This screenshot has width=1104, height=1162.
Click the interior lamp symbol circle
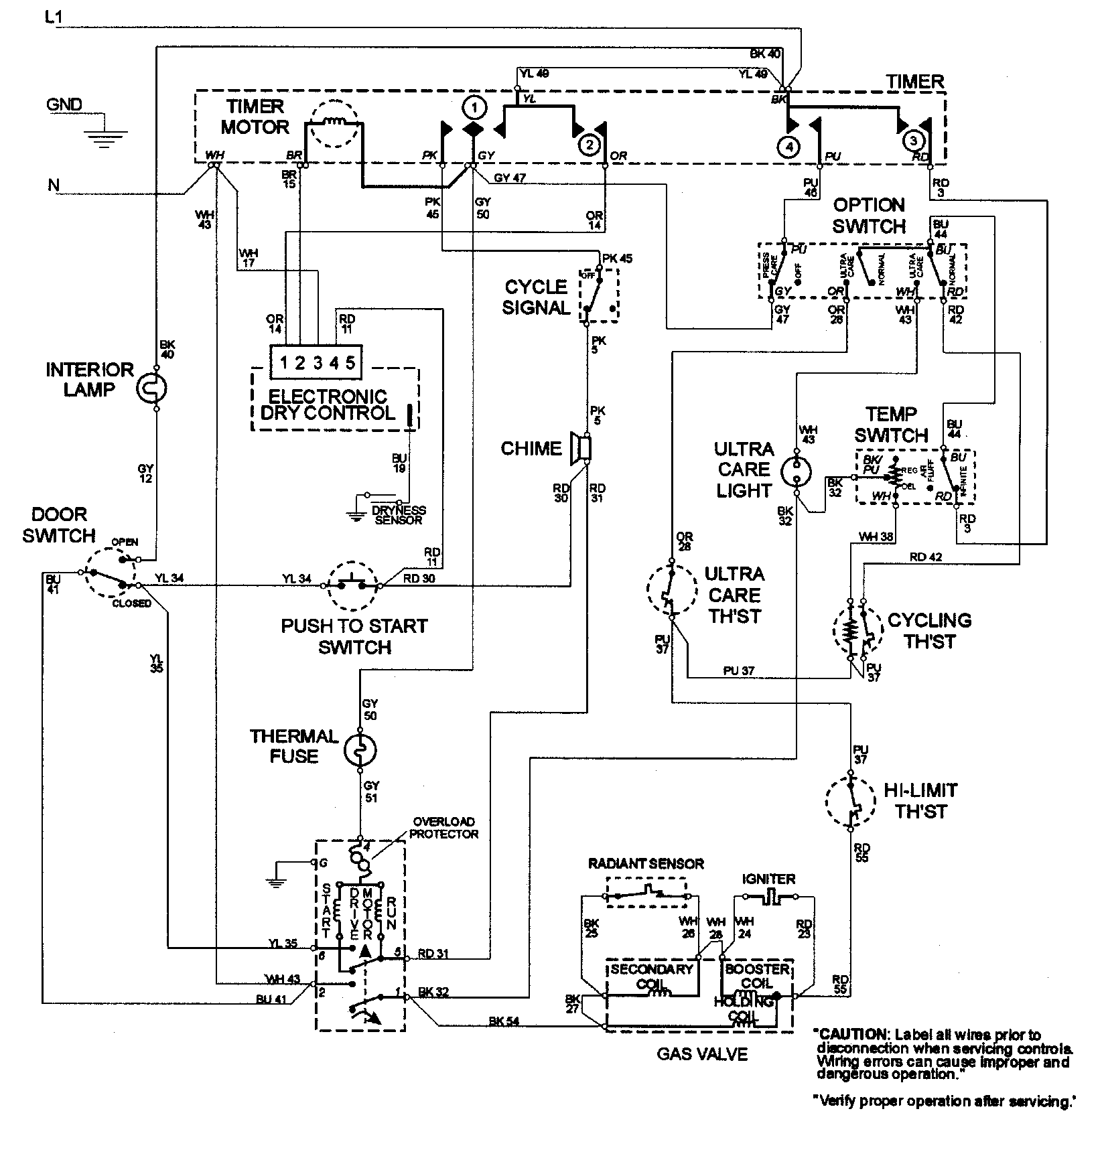(x=155, y=388)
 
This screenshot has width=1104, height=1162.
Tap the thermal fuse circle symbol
(x=360, y=751)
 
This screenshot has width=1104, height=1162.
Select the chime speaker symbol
(x=580, y=448)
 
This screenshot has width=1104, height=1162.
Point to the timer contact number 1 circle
(x=473, y=107)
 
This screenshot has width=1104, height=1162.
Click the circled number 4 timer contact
(x=789, y=145)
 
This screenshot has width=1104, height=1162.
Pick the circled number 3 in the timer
(x=912, y=141)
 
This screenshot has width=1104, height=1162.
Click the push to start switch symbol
(x=353, y=585)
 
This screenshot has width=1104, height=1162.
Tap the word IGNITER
(x=768, y=879)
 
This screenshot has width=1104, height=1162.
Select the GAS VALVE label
(x=701, y=1054)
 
